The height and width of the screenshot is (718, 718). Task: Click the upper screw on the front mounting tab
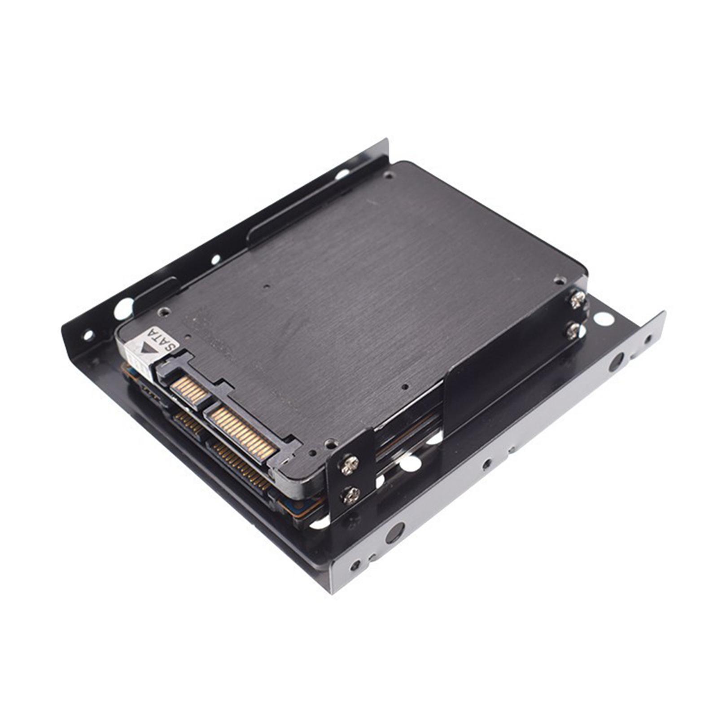(x=350, y=465)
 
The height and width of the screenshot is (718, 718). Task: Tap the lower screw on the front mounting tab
(x=350, y=495)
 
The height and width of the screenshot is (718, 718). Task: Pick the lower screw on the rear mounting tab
(x=574, y=330)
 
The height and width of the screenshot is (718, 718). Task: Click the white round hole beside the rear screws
(x=604, y=320)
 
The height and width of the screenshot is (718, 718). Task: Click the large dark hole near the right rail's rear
(x=616, y=362)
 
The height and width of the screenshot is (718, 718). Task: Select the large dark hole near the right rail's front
(x=394, y=532)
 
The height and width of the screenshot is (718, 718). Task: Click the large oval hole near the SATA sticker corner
(x=123, y=309)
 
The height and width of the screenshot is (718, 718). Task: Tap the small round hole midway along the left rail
(x=216, y=259)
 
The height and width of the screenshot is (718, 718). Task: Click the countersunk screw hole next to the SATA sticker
(x=165, y=310)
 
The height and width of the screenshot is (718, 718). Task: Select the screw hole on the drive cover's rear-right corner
(x=560, y=280)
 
